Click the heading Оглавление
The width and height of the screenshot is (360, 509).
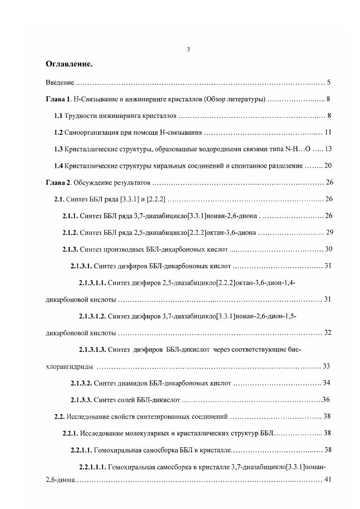point(69,64)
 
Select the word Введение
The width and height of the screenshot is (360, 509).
point(60,83)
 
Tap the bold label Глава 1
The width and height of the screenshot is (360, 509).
point(59,99)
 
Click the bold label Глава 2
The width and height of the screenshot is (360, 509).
point(59,183)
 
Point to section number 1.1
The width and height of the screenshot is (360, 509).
point(58,116)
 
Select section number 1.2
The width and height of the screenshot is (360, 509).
point(58,133)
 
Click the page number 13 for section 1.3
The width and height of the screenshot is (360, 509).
point(329,149)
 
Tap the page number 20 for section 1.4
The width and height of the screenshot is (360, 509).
point(328,166)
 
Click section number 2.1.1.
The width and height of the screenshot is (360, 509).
point(70,216)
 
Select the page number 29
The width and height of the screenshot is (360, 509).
point(330,233)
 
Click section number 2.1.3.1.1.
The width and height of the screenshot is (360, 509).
point(92,283)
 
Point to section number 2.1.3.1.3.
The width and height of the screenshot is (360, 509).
point(92,350)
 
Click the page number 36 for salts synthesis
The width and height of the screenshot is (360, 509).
point(325,400)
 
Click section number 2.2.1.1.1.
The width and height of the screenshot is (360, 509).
point(92,467)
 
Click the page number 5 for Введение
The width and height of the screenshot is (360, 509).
point(328,83)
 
